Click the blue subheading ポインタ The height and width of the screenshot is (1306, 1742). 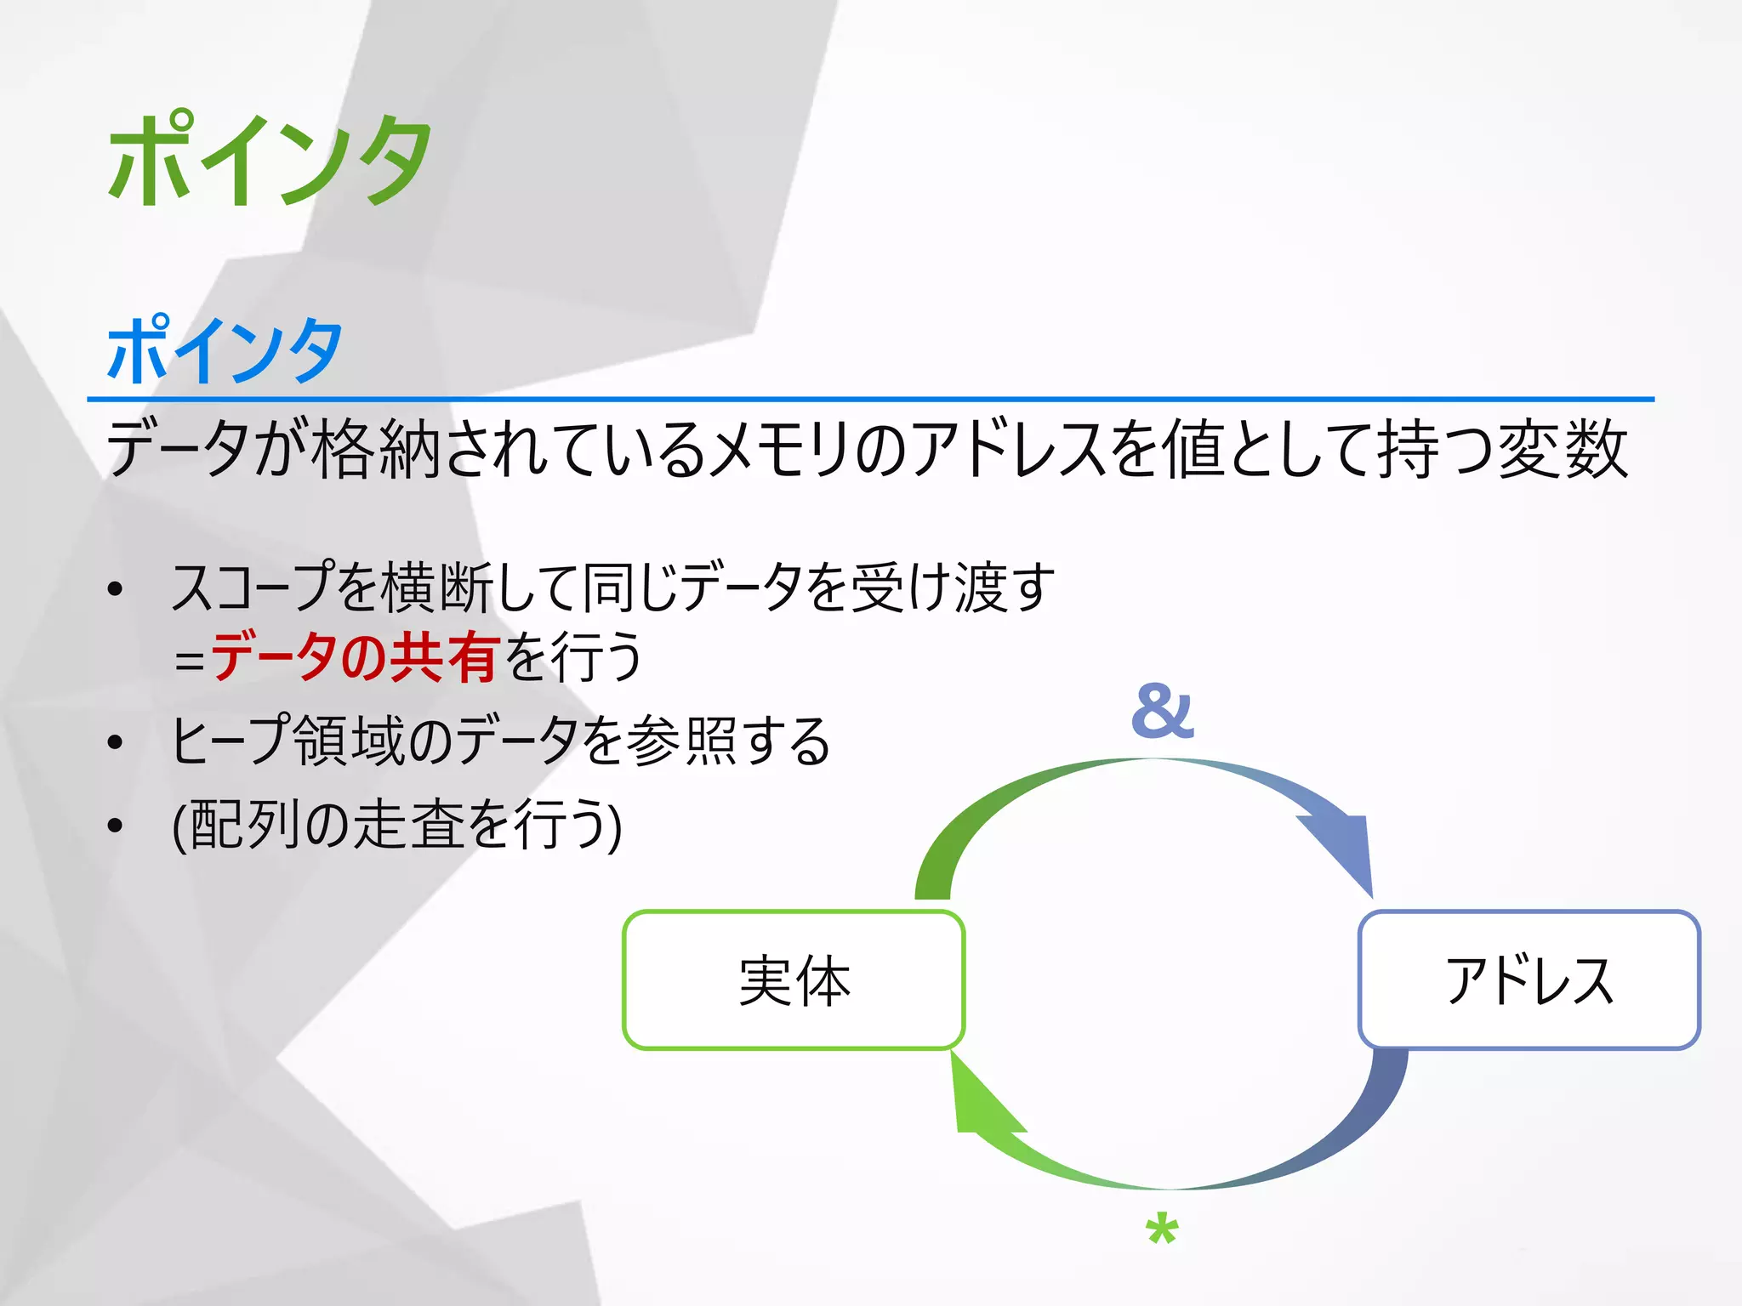[x=225, y=350]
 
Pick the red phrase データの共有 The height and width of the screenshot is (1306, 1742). [x=355, y=656]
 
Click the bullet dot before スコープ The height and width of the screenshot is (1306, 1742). [x=116, y=589]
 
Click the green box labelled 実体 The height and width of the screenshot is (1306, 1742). [x=794, y=980]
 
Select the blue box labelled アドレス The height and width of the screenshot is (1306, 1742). [x=1529, y=980]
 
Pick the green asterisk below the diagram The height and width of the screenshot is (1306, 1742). [x=1162, y=1230]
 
